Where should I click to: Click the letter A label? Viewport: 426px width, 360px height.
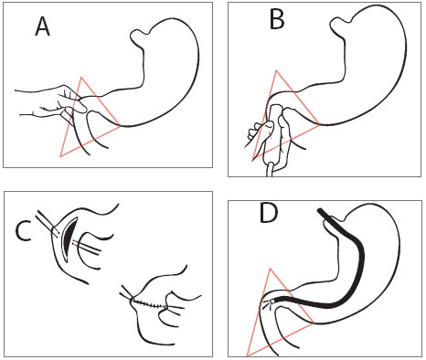(42, 26)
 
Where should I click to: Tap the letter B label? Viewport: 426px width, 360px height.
(277, 19)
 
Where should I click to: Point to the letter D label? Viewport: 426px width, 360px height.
(269, 213)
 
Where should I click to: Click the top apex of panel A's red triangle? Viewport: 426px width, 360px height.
(81, 77)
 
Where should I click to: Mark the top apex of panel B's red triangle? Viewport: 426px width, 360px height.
(276, 70)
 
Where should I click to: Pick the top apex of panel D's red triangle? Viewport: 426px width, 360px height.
(270, 269)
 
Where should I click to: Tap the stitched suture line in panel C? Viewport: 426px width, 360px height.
(149, 303)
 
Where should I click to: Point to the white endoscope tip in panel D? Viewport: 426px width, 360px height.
(272, 302)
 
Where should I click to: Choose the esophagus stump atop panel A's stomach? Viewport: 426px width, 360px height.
(140, 36)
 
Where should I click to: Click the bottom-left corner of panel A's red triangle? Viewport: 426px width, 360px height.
(60, 156)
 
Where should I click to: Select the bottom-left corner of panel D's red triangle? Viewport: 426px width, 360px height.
(247, 356)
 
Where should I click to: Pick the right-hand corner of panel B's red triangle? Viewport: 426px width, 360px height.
(320, 124)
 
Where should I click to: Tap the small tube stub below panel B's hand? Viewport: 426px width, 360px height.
(271, 169)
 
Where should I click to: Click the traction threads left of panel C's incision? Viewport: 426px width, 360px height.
(48, 222)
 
